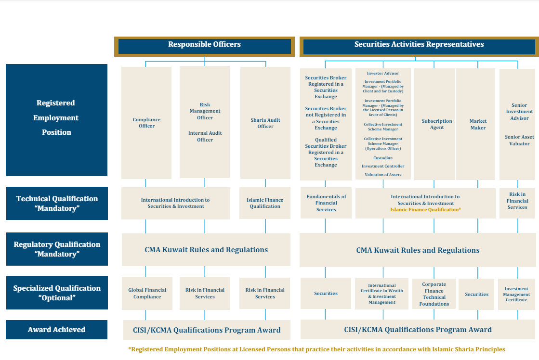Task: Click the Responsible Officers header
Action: pos(204,45)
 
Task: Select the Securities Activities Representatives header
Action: pos(419,45)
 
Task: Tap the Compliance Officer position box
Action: pos(146,123)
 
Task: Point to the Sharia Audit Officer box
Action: pos(265,123)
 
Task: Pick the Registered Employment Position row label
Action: pos(56,118)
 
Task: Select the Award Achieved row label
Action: pos(56,330)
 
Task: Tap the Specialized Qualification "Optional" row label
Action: pos(57,293)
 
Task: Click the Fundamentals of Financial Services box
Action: pos(326,203)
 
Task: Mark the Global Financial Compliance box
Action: pos(147,293)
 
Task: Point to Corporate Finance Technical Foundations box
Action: pos(434,294)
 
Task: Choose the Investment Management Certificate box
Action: pos(516,295)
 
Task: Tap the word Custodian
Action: pos(382,158)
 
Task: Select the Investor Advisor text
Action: pos(382,73)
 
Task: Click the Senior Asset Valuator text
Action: pos(519,140)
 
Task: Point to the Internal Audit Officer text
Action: pos(205,136)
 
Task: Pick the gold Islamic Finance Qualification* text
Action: pos(425,210)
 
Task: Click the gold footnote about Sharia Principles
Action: pos(316,349)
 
